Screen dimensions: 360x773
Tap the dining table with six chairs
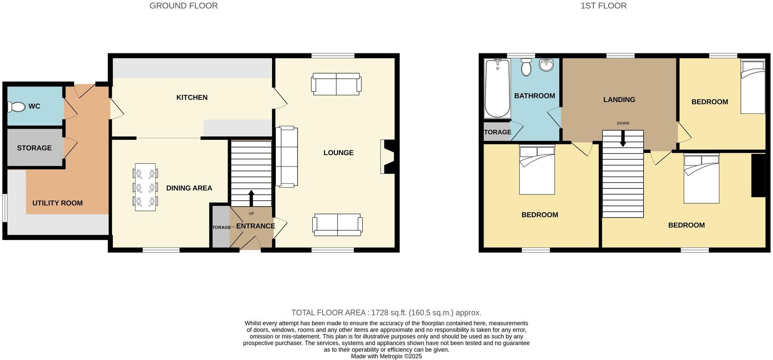coord(145,187)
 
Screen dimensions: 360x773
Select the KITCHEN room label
coord(192,97)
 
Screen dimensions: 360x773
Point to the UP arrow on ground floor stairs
coord(251,198)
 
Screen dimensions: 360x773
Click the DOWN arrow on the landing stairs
coord(623,139)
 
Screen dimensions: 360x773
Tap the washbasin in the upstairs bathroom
coord(547,65)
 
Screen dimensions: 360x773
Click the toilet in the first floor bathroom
coord(526,67)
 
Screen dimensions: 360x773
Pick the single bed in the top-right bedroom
coord(753,86)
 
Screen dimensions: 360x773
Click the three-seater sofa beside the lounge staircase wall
coord(286,156)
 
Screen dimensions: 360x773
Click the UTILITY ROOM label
coord(57,203)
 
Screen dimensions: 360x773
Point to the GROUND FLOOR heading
coord(184,6)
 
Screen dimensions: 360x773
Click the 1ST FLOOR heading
coord(603,6)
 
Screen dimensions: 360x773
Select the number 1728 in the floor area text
coord(380,313)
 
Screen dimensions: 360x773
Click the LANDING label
coord(619,100)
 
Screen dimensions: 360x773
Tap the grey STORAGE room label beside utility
coord(34,148)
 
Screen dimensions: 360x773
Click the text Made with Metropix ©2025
coord(386,356)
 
